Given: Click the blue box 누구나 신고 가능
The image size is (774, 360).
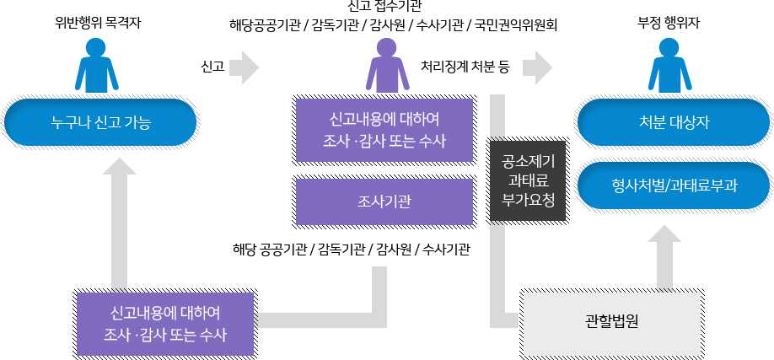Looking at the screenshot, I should tap(100, 124).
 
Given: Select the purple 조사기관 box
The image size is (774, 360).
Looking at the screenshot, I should tap(384, 201).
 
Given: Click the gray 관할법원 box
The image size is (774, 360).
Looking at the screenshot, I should tap(609, 321).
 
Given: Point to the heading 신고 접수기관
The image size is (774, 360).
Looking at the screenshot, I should tap(384, 8).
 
